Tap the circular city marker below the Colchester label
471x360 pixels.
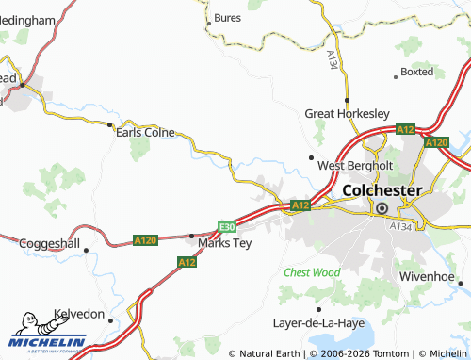click(382, 209)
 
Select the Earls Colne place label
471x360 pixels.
click(145, 133)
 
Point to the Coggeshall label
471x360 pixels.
click(50, 243)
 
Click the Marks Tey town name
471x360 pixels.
click(224, 243)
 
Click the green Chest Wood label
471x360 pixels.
click(312, 272)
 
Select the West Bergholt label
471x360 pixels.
click(354, 165)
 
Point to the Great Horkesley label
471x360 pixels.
click(347, 113)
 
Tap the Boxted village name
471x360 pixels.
click(416, 72)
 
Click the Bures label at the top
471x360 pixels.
click(228, 17)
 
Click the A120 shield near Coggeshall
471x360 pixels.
click(146, 240)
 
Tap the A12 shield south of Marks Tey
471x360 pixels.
click(187, 262)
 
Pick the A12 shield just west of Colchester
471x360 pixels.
click(300, 205)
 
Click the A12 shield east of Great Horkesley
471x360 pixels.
click(405, 129)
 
